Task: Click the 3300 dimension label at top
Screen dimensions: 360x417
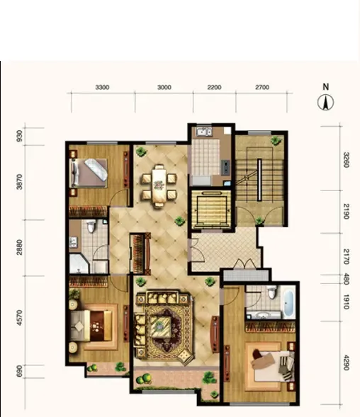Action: (102, 87)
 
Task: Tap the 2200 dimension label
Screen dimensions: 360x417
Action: (214, 87)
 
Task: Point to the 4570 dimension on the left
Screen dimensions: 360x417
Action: (19, 317)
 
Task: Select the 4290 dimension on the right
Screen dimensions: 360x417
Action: (346, 362)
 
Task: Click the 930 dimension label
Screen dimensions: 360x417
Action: (19, 136)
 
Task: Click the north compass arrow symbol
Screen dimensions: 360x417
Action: (325, 103)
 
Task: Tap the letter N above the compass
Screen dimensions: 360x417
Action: (326, 86)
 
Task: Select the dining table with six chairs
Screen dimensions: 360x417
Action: (159, 185)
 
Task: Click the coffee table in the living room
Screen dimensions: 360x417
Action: (160, 326)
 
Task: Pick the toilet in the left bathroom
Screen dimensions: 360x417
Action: (91, 226)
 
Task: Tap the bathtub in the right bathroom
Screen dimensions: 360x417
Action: (289, 303)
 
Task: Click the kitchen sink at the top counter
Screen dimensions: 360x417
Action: (203, 132)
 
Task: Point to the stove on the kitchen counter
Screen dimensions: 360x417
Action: (226, 167)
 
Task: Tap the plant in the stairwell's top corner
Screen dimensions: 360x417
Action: (276, 140)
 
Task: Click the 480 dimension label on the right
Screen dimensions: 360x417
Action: (346, 279)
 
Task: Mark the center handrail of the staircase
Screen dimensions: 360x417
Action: (259, 180)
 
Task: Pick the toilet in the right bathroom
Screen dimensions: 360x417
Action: (271, 292)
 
